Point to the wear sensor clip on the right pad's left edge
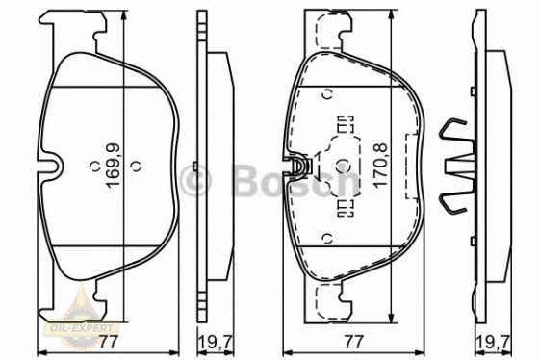pyautogui.click(x=300, y=169)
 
